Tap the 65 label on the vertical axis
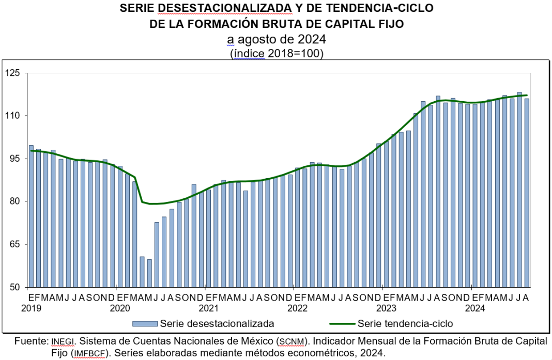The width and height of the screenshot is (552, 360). pos(14,244)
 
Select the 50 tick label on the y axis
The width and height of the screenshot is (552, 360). pos(14,287)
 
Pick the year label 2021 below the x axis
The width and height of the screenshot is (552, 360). pos(208,308)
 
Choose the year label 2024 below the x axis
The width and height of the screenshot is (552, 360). pos(474,308)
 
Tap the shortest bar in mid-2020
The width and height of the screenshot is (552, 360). pos(149,273)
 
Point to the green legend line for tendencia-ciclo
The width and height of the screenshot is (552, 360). pos(342,324)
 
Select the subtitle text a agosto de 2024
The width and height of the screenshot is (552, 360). pos(277,39)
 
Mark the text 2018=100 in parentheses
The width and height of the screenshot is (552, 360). pos(292,53)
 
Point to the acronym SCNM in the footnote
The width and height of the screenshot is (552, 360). pos(293,341)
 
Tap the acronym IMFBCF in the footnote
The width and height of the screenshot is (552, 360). pos(89,353)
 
